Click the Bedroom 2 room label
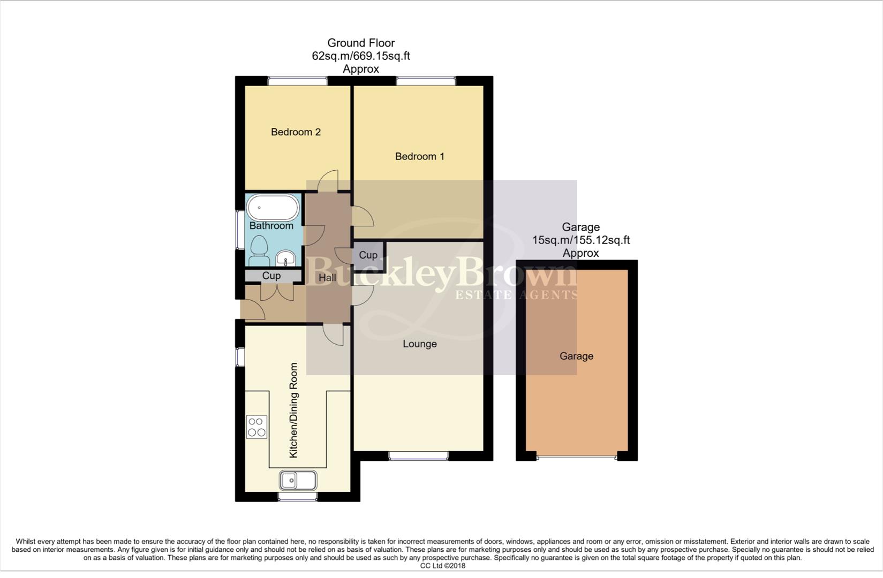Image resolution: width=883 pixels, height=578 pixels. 296,132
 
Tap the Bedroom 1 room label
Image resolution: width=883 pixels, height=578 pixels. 419,156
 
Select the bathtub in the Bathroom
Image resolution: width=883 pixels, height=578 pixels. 273,208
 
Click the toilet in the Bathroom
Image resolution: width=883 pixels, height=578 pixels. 260,251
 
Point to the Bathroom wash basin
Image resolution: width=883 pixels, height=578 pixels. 286,260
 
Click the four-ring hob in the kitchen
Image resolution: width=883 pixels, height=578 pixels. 256,427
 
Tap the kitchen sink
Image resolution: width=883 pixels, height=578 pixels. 298,480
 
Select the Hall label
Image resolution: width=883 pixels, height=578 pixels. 327,277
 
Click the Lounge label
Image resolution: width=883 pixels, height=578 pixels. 419,344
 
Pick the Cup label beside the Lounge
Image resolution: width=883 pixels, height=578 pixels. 368,255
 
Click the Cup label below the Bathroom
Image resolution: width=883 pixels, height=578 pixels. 271,276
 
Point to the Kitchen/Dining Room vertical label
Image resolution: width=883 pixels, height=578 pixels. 293,410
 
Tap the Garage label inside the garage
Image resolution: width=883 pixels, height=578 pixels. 576,356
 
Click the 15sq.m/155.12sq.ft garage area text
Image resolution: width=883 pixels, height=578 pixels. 580,240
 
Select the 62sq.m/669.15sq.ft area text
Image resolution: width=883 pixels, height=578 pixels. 360,56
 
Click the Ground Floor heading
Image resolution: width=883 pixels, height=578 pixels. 360,43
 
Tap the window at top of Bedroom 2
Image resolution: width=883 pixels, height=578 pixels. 298,81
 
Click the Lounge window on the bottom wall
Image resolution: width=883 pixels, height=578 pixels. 418,455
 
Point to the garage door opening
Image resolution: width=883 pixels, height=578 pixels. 577,457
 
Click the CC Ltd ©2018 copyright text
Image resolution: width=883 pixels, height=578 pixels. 442,566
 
